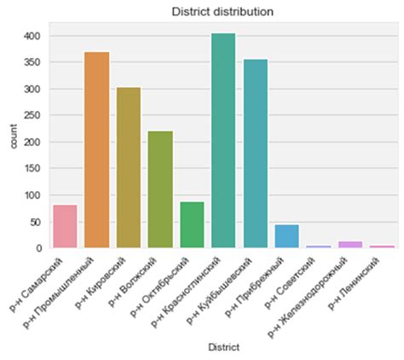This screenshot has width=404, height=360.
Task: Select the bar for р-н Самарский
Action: click(65, 227)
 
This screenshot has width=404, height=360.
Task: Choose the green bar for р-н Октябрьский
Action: click(191, 225)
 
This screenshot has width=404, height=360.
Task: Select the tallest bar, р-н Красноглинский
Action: click(222, 142)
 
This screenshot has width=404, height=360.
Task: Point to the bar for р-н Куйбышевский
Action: click(254, 154)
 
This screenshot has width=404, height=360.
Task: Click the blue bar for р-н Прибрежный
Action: click(286, 236)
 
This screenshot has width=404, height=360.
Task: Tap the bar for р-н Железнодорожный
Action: click(349, 245)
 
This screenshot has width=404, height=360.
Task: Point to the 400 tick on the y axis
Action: click(34, 37)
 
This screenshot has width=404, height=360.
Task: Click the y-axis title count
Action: click(11, 142)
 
